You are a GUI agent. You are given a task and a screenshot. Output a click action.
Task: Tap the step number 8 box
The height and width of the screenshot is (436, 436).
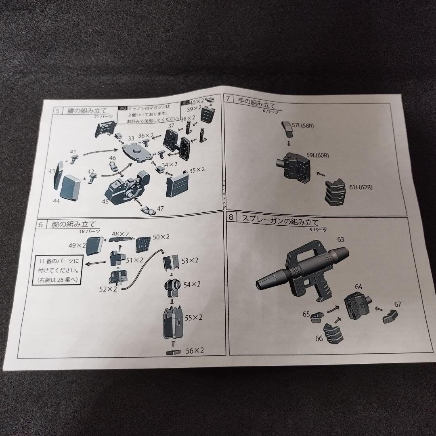232,218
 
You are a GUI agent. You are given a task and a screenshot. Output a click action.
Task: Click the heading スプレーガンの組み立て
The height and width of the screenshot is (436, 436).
280,221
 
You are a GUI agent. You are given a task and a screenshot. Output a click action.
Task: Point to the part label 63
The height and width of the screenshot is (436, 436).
341,239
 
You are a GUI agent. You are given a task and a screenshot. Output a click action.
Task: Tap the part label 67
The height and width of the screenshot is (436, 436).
398,304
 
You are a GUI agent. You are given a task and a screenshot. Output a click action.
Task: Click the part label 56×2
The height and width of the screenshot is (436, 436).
195,350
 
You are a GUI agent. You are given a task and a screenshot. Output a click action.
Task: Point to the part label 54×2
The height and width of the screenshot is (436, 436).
193,284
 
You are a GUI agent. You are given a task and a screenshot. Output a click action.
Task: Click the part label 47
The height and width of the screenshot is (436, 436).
161,209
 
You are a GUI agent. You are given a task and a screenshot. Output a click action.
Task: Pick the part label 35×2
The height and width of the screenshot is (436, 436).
197,170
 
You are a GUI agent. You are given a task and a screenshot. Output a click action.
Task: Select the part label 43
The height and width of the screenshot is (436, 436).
52,171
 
